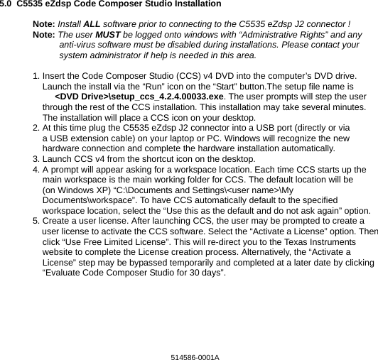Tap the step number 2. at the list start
37,128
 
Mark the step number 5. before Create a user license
37,222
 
